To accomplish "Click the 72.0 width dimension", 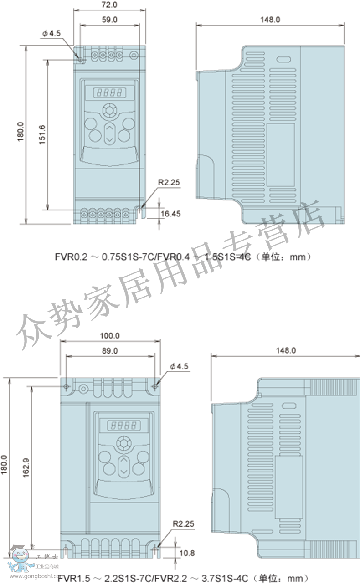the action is pos(109,5).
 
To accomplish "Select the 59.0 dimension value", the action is pos(109,20).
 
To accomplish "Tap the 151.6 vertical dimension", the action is pos(42,135).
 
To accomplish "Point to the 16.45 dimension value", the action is pos(170,214).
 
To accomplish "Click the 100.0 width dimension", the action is pos(110,336).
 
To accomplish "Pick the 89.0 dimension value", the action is pos(110,351).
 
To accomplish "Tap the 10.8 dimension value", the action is pos(187,553).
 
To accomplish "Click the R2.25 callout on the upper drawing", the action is pos(169,182).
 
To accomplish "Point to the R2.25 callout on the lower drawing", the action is pos(183,524).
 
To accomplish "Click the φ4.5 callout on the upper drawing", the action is pos(51,33).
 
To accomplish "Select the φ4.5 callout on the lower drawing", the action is pos(179,366).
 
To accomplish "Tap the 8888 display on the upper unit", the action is pos(109,92).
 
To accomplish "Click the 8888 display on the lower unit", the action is pos(124,426).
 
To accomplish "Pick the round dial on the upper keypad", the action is pos(110,111).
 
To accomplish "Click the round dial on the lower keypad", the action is pos(124,443).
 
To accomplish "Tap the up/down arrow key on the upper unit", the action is pos(110,133).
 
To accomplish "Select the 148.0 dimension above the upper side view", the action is pos(270,20).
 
